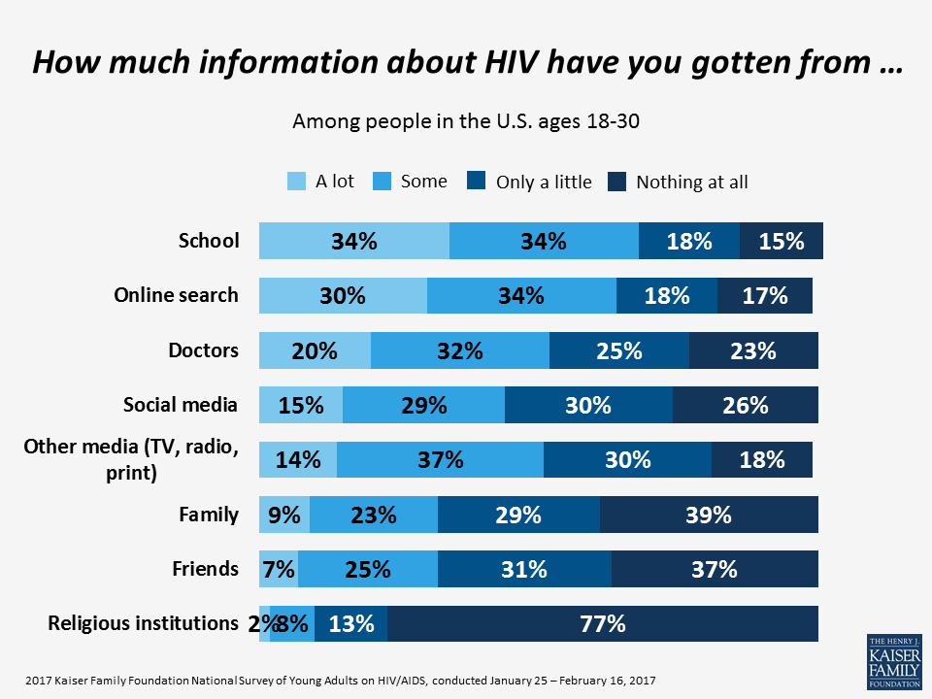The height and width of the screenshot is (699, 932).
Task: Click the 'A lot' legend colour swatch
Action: point(297,181)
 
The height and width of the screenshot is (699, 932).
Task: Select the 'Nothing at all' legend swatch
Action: point(616,181)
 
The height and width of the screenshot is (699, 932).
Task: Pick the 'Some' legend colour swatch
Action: point(383,181)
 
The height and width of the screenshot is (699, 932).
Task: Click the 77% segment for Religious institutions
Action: point(602,624)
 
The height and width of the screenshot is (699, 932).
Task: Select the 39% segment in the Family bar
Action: point(709,515)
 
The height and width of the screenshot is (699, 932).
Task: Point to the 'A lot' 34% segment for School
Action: point(354,241)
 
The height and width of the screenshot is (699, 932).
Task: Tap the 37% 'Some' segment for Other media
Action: point(440,459)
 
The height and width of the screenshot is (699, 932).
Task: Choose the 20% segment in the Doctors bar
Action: point(315,350)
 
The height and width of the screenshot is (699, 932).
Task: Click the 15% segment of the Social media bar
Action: point(301,405)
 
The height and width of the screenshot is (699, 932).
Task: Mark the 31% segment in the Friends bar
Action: point(524,569)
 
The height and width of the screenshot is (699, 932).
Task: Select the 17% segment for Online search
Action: point(765,295)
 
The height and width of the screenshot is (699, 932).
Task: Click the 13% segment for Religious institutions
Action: point(350,624)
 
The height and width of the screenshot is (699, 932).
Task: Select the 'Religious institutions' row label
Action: point(143,622)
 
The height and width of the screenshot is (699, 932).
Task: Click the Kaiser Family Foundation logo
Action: point(893,661)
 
